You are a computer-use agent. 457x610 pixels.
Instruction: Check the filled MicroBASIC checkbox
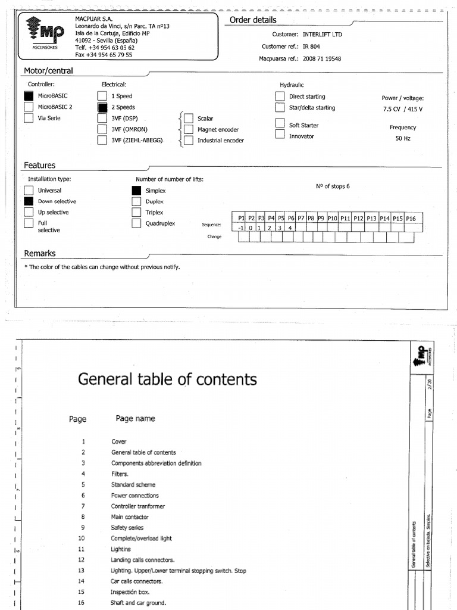29,96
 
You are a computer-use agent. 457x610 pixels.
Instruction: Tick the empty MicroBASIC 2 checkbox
29,107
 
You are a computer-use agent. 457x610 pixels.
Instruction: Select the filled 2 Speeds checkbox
102,107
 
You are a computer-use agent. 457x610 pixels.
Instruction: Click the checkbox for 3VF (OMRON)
102,129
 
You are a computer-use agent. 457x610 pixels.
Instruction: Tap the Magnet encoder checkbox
188,129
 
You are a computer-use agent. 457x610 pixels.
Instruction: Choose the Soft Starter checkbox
280,123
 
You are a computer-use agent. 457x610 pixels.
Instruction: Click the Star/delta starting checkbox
280,108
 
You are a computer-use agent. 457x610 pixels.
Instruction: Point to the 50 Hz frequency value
403,138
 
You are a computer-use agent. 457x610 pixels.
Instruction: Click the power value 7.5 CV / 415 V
403,109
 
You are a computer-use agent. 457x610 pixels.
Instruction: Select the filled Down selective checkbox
29,201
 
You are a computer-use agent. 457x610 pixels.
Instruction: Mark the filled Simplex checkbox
136,191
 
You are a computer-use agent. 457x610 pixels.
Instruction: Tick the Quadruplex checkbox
136,223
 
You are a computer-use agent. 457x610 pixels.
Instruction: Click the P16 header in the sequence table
411,219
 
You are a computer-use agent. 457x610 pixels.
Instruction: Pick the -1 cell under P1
241,228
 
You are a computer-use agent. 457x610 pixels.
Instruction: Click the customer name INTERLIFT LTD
323,35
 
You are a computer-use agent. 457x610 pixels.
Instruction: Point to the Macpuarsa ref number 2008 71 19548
322,59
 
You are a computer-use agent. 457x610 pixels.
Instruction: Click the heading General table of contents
167,379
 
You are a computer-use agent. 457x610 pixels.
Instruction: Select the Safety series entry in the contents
127,528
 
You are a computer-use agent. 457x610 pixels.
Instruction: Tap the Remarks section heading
40,253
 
